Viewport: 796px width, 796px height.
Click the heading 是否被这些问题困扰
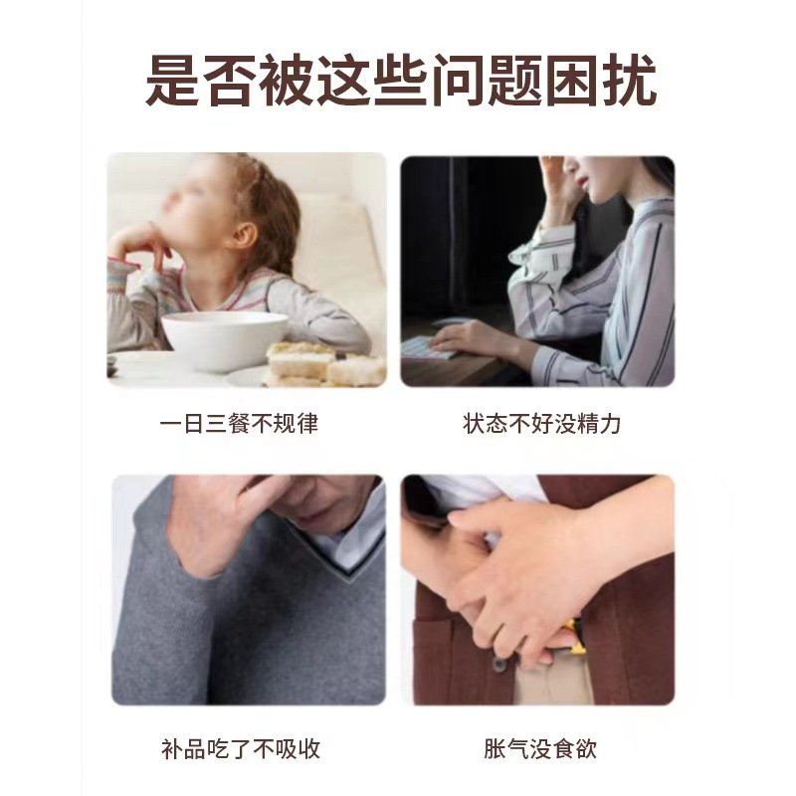pyautogui.click(x=401, y=82)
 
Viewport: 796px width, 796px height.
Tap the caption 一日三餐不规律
pyautogui.click(x=239, y=424)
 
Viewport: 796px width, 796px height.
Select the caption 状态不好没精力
pyautogui.click(x=541, y=424)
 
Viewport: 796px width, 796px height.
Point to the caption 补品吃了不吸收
pyautogui.click(x=241, y=749)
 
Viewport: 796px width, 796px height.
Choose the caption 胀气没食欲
pyautogui.click(x=540, y=749)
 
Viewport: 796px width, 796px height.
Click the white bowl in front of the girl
pyautogui.click(x=225, y=339)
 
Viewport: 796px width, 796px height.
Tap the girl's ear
pyautogui.click(x=244, y=235)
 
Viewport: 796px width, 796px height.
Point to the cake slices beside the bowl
pyautogui.click(x=325, y=364)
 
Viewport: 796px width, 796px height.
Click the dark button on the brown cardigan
pyautogui.click(x=500, y=665)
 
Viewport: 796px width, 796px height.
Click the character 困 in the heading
pyautogui.click(x=571, y=82)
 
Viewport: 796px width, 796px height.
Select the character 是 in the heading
pyautogui.click(x=171, y=82)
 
